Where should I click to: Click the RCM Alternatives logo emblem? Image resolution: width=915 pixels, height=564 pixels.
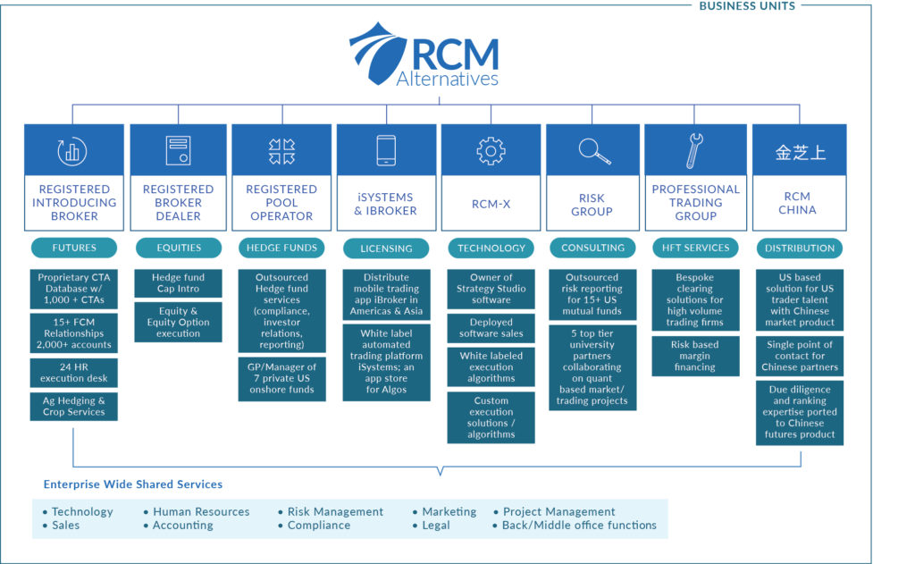click(378, 53)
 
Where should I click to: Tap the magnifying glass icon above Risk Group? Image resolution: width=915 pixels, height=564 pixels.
click(594, 150)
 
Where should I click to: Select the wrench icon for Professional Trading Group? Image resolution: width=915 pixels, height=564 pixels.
click(695, 150)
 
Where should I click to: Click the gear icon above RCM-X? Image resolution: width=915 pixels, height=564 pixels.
click(491, 150)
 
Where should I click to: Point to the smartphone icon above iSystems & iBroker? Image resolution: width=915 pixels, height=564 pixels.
click(386, 150)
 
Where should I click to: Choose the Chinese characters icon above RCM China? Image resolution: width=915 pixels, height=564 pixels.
click(800, 151)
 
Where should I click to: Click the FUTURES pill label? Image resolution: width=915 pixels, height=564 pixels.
click(74, 248)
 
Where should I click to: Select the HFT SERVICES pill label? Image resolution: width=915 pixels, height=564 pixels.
click(695, 248)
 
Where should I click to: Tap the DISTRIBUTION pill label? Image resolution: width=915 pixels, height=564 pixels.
click(800, 248)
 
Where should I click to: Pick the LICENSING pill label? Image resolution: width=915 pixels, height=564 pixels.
click(386, 248)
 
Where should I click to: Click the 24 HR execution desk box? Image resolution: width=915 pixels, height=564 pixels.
click(74, 372)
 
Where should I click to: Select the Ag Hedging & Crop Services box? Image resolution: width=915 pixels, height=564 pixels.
click(74, 407)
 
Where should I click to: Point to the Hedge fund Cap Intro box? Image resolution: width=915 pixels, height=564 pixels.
click(178, 283)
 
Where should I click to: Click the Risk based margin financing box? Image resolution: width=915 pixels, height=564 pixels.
click(695, 355)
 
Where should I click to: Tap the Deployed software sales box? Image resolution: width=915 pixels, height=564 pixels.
click(491, 328)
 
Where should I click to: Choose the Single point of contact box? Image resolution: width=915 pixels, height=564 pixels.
click(800, 356)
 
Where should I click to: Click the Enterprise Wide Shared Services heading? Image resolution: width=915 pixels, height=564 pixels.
click(133, 484)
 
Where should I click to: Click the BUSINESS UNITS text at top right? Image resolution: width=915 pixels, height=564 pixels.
click(747, 6)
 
